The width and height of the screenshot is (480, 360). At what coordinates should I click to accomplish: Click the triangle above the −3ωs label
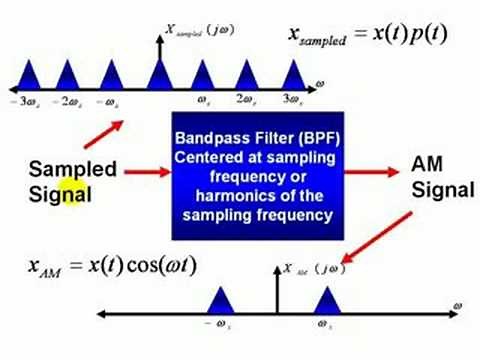point(28,76)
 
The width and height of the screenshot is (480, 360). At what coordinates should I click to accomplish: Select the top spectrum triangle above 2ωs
point(249,76)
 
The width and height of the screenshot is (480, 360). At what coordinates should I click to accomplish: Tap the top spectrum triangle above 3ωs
point(294,76)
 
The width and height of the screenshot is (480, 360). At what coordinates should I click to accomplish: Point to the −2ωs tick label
point(66,101)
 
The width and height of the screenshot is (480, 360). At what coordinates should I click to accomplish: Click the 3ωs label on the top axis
point(292,100)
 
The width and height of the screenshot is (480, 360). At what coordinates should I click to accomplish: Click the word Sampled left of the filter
point(73,169)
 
